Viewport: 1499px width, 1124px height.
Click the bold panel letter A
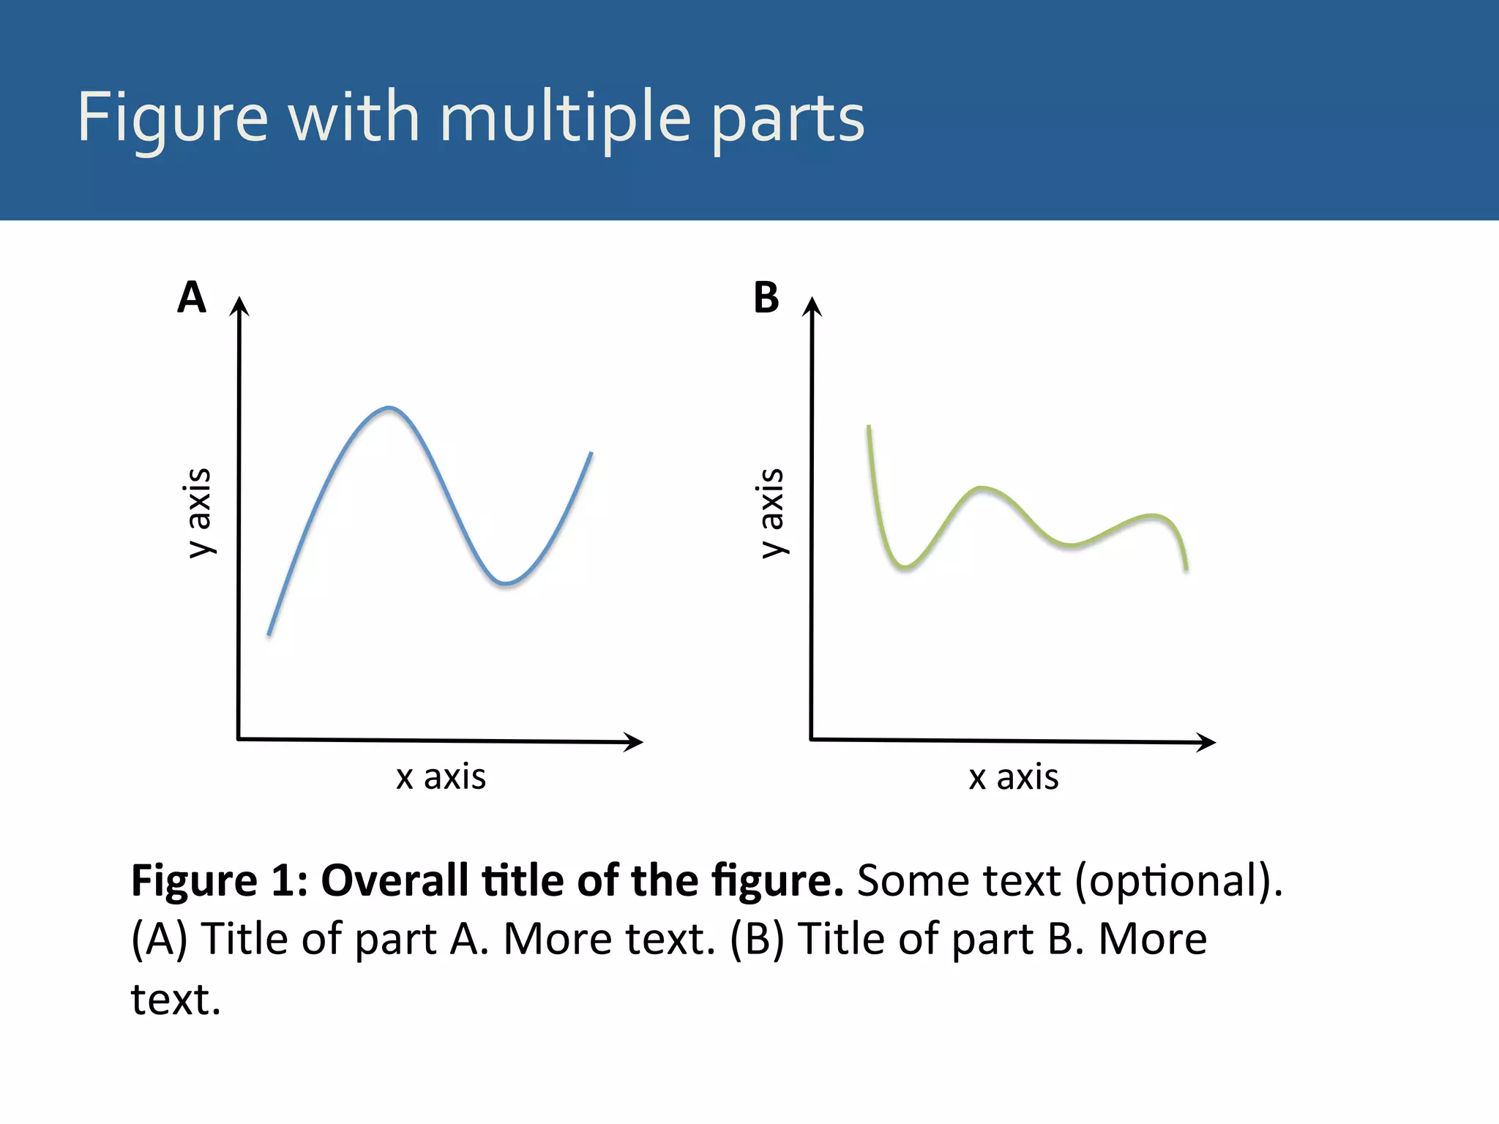[x=192, y=297]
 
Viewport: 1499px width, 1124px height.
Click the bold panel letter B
[x=766, y=298]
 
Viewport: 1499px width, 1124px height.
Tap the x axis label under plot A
[x=441, y=776]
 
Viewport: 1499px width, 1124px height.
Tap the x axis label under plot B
[x=1014, y=776]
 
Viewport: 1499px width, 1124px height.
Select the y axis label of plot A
[x=198, y=512]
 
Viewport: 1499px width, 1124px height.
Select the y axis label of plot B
[x=771, y=512]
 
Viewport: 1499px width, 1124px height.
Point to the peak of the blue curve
[x=389, y=408]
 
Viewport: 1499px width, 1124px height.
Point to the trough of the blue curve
[x=505, y=583]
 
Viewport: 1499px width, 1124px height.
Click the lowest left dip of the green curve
[x=905, y=566]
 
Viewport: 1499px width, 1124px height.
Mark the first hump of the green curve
[x=982, y=487]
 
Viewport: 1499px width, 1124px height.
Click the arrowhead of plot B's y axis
[x=812, y=306]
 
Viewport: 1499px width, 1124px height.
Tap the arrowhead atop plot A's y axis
[x=239, y=306]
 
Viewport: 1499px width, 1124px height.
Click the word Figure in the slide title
[x=173, y=117]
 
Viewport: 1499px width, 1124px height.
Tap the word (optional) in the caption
[x=1178, y=880]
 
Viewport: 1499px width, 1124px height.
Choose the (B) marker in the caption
[x=757, y=939]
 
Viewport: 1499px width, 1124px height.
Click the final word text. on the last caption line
[x=176, y=1000]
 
